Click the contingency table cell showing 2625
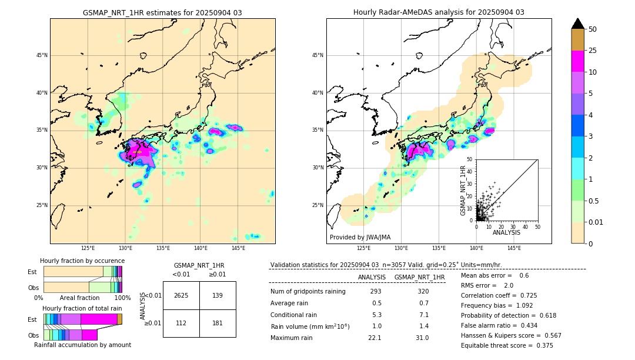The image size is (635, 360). pyautogui.click(x=181, y=295)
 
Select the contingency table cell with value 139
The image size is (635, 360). pyautogui.click(x=218, y=295)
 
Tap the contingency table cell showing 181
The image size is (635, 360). pyautogui.click(x=218, y=323)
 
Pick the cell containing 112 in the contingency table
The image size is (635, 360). pyautogui.click(x=181, y=323)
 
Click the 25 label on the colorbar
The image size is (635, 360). pyautogui.click(x=593, y=51)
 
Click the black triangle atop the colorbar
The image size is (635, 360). pyautogui.click(x=577, y=24)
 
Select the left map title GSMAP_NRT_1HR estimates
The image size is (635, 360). pyautogui.click(x=162, y=12)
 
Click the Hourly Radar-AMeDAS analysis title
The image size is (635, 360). pyautogui.click(x=439, y=12)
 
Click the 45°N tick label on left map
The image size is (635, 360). pyautogui.click(x=41, y=55)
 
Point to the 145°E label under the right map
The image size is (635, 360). pyautogui.click(x=514, y=248)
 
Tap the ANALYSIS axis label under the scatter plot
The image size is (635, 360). pyautogui.click(x=506, y=232)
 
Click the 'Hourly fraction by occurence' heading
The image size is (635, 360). pyautogui.click(x=82, y=261)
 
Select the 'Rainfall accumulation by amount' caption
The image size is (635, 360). pyautogui.click(x=82, y=345)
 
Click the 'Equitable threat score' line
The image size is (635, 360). pyautogui.click(x=507, y=345)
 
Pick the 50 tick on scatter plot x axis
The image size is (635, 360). pyautogui.click(x=537, y=226)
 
